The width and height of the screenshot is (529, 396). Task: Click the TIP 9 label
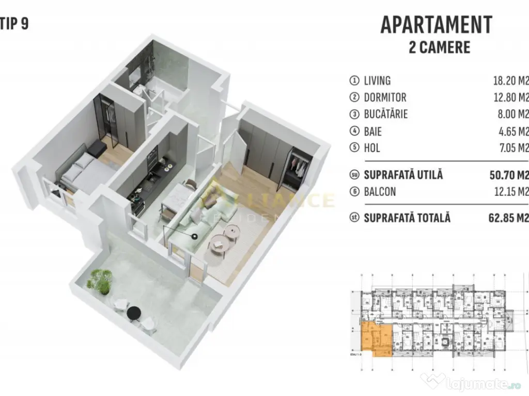(x=14, y=25)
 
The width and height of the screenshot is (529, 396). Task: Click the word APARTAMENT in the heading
(x=437, y=24)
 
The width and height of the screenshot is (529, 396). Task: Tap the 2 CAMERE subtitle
(x=439, y=47)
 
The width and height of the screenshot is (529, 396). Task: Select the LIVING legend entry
(x=377, y=80)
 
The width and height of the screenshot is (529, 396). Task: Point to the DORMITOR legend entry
(x=385, y=97)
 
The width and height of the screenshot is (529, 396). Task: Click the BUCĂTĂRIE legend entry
(x=386, y=114)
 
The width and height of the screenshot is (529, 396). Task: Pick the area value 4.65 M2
(x=511, y=131)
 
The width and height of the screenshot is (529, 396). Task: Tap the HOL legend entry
(x=372, y=148)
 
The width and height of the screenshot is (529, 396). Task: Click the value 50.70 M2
(x=509, y=175)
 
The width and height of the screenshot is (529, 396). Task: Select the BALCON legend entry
(x=380, y=192)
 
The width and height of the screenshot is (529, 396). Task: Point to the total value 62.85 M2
(x=509, y=218)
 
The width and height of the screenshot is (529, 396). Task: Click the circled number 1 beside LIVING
(x=354, y=80)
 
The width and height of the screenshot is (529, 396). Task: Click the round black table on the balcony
(x=134, y=312)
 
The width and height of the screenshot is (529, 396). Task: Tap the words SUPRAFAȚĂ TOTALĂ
(x=407, y=218)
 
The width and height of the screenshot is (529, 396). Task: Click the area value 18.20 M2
(x=511, y=80)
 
